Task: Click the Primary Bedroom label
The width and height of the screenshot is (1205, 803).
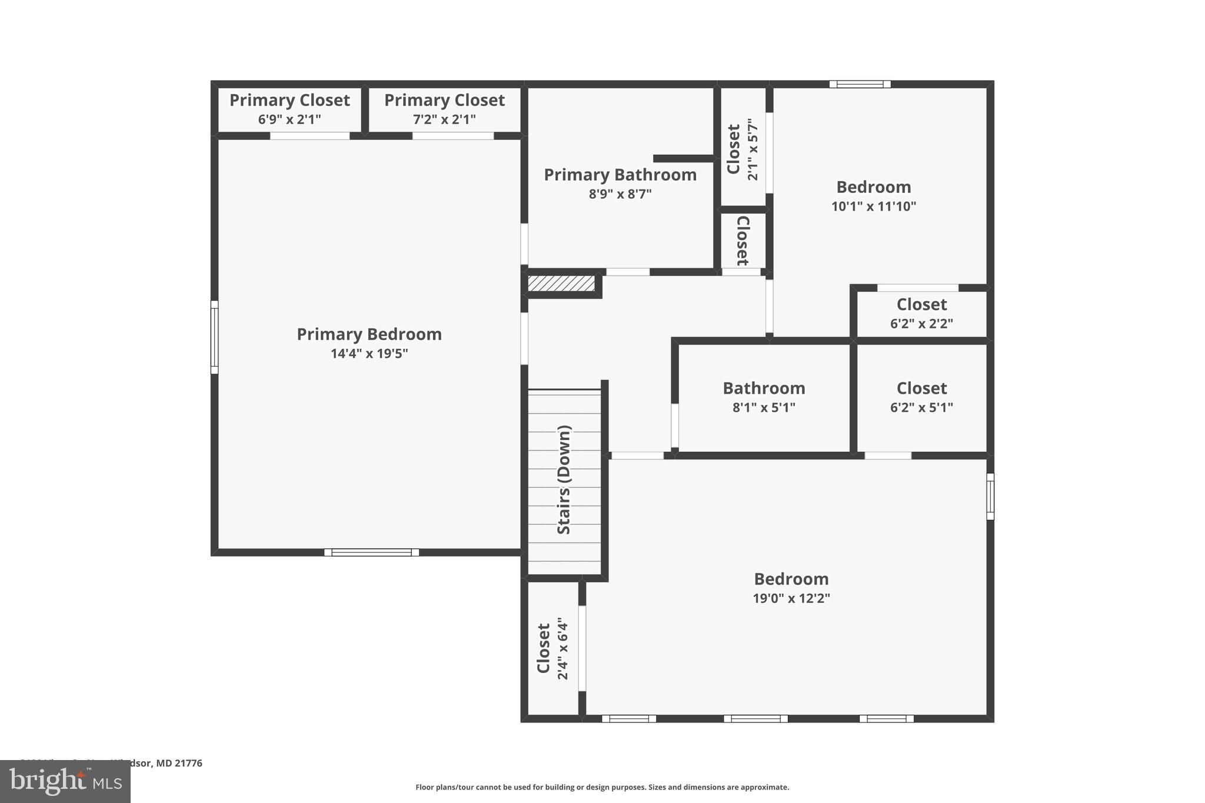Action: coord(369,334)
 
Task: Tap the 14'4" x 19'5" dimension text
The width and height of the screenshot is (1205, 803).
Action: coord(369,354)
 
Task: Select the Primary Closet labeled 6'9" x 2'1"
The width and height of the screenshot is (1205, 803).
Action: coord(289,109)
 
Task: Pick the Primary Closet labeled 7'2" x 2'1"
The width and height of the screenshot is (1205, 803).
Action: coord(444,109)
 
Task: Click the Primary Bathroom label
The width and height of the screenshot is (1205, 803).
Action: coord(620,175)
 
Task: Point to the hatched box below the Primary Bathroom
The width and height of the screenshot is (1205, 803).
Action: coord(561,284)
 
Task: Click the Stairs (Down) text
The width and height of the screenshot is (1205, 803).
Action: coord(564,479)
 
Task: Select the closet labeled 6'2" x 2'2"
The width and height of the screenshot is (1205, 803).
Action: coord(921,313)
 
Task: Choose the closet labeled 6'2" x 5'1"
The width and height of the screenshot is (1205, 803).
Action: coord(921,397)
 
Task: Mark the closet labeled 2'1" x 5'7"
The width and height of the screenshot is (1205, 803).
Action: coord(742,149)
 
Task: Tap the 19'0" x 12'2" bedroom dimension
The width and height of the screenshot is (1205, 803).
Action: coord(791,598)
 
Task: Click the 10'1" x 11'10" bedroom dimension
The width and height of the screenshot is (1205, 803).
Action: coord(873,206)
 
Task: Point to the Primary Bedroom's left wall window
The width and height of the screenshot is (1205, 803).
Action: coord(215,337)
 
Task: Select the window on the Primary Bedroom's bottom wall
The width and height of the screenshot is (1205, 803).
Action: coord(371,552)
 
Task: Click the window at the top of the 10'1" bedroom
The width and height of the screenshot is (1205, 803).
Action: coord(860,84)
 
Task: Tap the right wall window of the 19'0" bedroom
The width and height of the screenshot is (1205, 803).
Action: coord(990,497)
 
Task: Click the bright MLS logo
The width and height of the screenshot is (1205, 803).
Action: coord(65,782)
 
